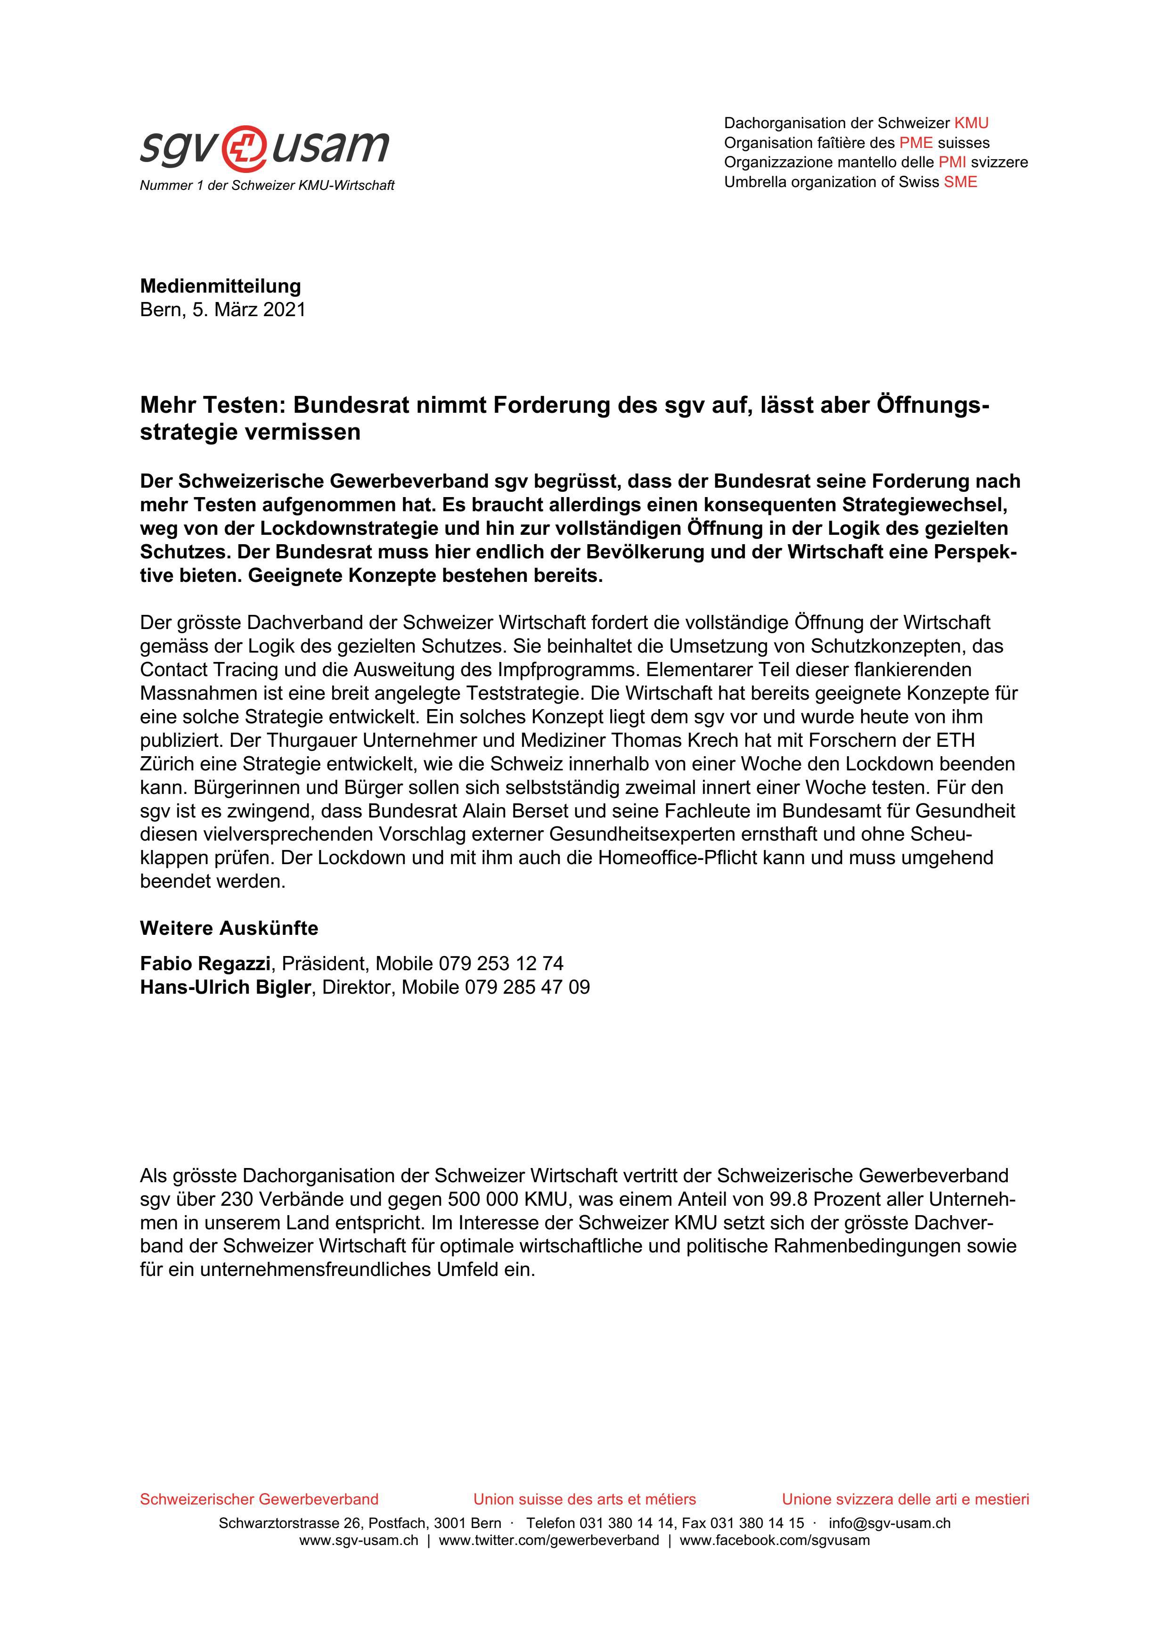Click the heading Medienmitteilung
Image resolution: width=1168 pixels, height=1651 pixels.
click(220, 286)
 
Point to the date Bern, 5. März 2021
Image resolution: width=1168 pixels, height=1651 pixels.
click(223, 310)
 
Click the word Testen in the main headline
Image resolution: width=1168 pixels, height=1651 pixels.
click(243, 406)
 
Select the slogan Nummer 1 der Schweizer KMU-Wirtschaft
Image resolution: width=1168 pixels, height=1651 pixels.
click(267, 186)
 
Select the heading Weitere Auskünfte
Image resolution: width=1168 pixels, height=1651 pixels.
click(229, 928)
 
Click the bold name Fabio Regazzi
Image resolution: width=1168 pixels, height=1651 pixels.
click(205, 964)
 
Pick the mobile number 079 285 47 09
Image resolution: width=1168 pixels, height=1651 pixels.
click(527, 987)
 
